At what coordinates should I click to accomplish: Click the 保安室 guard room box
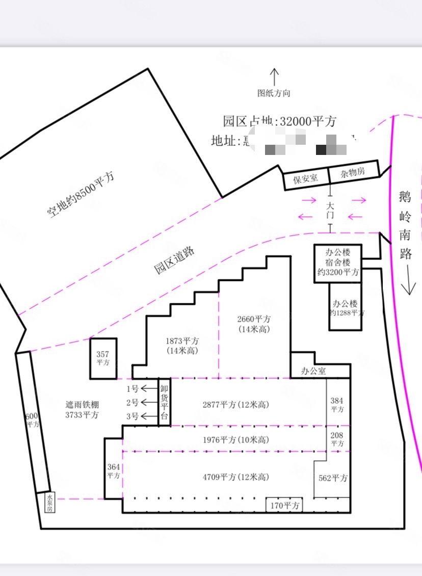click(x=305, y=178)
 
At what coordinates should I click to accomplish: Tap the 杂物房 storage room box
click(x=353, y=172)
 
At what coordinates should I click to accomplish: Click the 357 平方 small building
click(x=103, y=358)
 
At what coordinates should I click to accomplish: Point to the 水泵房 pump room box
click(x=49, y=502)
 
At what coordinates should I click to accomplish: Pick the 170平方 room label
click(x=284, y=506)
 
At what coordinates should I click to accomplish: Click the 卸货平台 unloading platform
click(x=164, y=402)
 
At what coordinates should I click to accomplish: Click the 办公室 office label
click(x=313, y=371)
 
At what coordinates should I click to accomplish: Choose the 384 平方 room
click(x=337, y=405)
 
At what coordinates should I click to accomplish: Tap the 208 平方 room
click(x=337, y=439)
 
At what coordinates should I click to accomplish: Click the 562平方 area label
click(x=332, y=478)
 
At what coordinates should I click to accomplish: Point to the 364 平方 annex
click(x=114, y=470)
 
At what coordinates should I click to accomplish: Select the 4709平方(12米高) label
click(x=235, y=477)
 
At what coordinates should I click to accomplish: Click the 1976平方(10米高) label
click(x=235, y=439)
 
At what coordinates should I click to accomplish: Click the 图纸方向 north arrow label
click(x=274, y=93)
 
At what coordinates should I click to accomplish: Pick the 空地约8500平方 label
click(x=81, y=195)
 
